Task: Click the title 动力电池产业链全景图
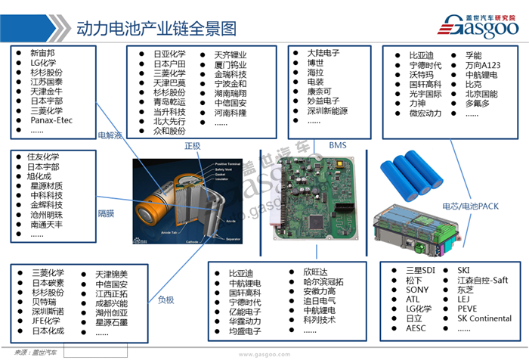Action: click(x=156, y=29)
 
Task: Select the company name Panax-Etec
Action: click(x=52, y=120)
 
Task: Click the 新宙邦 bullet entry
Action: click(x=42, y=53)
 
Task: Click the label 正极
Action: click(x=193, y=144)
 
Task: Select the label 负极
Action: click(x=166, y=299)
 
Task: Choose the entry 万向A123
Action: click(x=484, y=67)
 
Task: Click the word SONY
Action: click(x=417, y=290)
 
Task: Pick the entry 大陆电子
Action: click(x=323, y=53)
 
